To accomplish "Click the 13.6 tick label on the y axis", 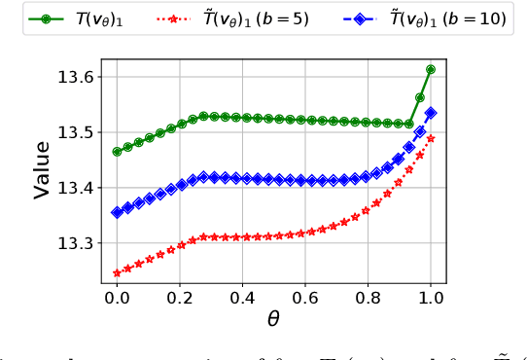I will click(x=78, y=77).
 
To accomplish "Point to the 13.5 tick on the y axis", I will click(x=78, y=132).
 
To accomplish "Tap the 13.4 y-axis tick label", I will click(x=78, y=188).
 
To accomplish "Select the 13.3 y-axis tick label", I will click(x=78, y=243).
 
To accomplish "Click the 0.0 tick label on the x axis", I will click(x=117, y=297).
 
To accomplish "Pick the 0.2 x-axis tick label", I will click(x=180, y=297).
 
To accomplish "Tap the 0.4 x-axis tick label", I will click(x=243, y=297).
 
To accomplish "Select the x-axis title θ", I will click(x=273, y=319).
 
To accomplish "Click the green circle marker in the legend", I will click(x=47, y=18).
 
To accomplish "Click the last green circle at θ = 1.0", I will click(x=431, y=69).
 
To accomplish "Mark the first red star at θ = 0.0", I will click(x=117, y=273).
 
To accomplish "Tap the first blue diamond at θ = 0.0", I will click(x=117, y=212).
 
